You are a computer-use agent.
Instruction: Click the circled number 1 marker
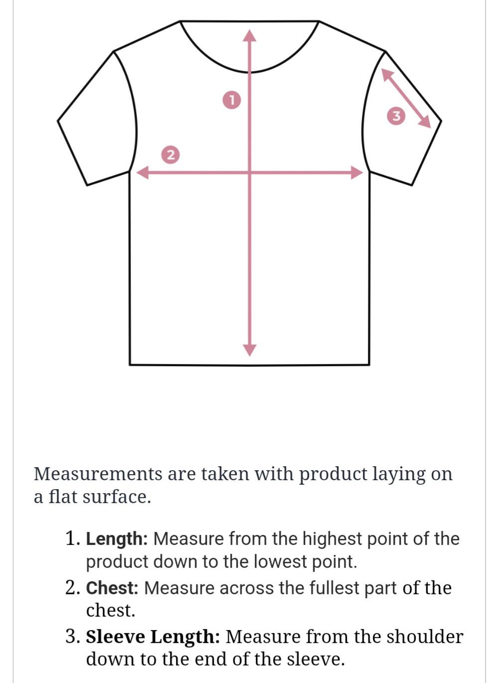pyautogui.click(x=232, y=100)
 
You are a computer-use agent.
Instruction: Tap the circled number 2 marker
pyautogui.click(x=170, y=155)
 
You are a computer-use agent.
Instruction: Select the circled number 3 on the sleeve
pyautogui.click(x=396, y=116)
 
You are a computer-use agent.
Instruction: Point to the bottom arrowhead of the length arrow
pyautogui.click(x=250, y=350)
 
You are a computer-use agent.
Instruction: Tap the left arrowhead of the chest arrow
pyautogui.click(x=142, y=172)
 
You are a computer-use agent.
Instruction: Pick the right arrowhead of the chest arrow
pyautogui.click(x=357, y=172)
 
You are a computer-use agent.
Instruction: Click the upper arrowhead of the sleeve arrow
pyautogui.click(x=387, y=74)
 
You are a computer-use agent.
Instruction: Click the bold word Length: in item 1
pyautogui.click(x=117, y=539)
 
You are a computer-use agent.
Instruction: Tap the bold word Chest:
pyautogui.click(x=112, y=588)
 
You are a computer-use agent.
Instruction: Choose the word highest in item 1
pyautogui.click(x=331, y=539)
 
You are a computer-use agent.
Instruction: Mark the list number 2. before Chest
pyautogui.click(x=73, y=588)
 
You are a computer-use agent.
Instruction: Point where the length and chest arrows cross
pyautogui.click(x=250, y=172)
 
